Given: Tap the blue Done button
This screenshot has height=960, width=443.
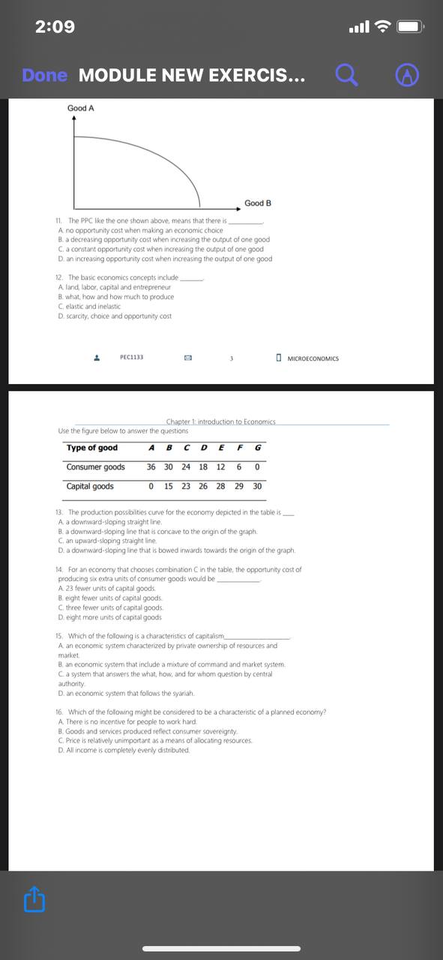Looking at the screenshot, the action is click(44, 75).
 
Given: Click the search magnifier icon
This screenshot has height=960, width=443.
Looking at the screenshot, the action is click(346, 75).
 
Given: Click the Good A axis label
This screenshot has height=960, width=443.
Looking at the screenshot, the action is click(81, 109).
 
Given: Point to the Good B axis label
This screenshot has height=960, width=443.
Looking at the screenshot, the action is click(258, 203).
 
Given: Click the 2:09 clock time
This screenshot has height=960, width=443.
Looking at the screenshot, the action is click(55, 27).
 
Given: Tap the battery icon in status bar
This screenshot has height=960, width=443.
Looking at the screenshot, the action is click(410, 28).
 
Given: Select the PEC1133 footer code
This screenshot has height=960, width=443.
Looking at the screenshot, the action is click(132, 358).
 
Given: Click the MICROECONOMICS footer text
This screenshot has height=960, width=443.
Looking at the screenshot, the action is click(313, 358).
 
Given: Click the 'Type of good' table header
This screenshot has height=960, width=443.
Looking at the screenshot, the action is click(92, 448).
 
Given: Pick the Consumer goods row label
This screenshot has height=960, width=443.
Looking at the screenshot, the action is click(95, 467).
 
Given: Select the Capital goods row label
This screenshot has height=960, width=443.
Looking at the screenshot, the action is click(90, 486).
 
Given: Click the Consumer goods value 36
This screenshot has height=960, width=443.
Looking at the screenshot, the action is click(151, 467).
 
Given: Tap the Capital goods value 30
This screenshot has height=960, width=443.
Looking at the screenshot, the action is click(257, 486).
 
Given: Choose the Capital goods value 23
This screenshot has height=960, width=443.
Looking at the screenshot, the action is click(186, 486).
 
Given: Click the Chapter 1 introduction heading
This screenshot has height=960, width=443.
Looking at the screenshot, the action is click(220, 422).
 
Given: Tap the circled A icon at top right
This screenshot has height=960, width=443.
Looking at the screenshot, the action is click(406, 75).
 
